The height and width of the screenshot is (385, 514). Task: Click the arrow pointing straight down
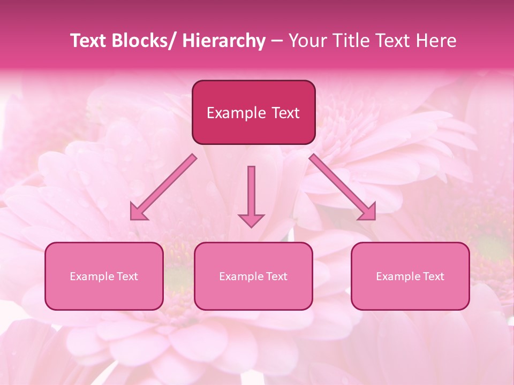coord(251,192)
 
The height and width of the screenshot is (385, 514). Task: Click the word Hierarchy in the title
coord(223,41)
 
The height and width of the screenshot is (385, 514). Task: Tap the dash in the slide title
coord(277,41)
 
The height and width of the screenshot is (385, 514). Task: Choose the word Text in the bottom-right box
coord(433,276)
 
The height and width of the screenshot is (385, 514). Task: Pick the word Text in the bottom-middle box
coord(276,276)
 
